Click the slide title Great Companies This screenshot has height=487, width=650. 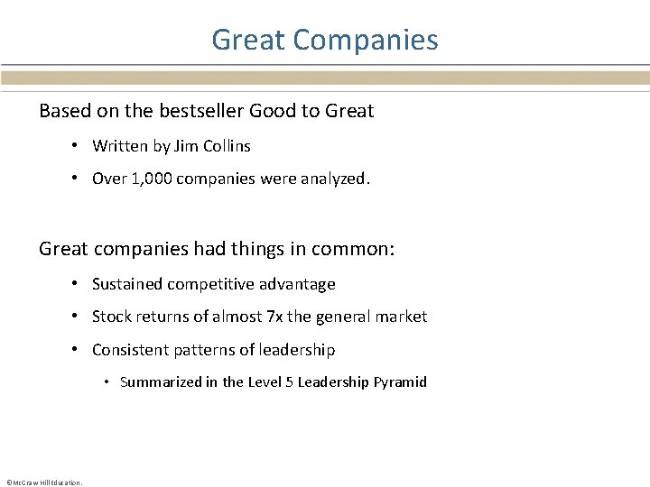[x=325, y=40]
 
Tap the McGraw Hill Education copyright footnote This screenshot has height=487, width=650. [x=43, y=482]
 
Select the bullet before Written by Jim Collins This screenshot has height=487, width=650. [x=76, y=146]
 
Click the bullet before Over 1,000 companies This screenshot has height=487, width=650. [x=76, y=179]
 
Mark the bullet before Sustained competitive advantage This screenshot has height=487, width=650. [x=76, y=284]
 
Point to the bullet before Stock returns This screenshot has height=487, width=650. [x=76, y=317]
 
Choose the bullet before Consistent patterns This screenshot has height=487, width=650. [x=76, y=350]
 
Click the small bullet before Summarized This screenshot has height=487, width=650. [x=107, y=382]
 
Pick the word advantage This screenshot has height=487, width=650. [x=298, y=284]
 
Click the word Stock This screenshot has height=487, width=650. [x=112, y=317]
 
